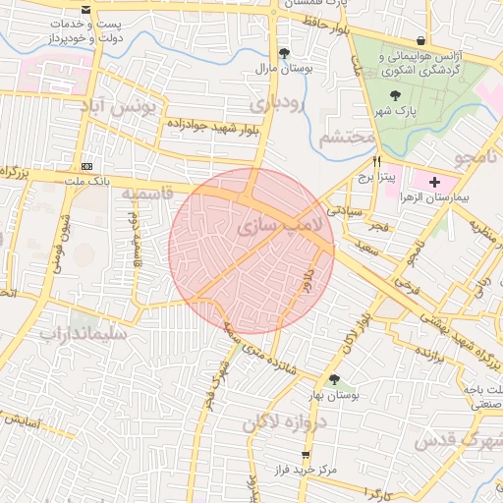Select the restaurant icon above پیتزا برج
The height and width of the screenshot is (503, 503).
[x=375, y=161]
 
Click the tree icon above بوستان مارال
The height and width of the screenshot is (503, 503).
[x=284, y=53]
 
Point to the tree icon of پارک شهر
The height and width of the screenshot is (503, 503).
[x=395, y=95]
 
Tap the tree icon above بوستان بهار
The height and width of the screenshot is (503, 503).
[x=334, y=379]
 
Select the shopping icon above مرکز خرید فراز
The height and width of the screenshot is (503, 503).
[x=307, y=455]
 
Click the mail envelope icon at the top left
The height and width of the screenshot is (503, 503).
[x=87, y=9]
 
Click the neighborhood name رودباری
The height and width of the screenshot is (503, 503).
[x=278, y=102]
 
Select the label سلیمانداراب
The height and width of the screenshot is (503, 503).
[x=84, y=333]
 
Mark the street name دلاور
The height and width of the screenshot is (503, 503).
[x=307, y=264]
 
